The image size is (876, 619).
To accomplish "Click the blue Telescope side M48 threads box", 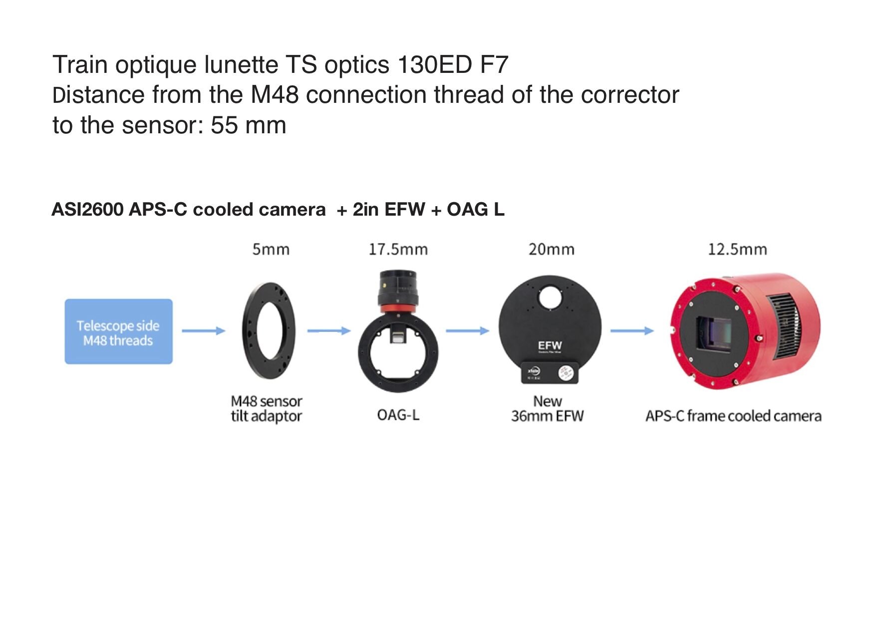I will (118, 331).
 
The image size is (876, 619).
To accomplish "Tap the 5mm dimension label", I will (271, 249).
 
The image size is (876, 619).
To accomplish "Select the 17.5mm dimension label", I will (398, 249).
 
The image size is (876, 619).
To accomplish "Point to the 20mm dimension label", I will (551, 249).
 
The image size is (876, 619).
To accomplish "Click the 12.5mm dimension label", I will (737, 249).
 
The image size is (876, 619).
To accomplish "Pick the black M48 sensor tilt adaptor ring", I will (269, 331).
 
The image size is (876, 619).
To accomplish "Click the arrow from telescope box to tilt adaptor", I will (203, 330).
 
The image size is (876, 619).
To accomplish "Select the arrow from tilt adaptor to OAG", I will (328, 330).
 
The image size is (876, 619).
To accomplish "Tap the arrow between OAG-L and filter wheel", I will (467, 330).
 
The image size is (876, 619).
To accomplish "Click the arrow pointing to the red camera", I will (631, 330).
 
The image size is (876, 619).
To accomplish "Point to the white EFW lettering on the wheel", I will (550, 345).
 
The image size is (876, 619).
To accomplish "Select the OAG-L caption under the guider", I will (398, 415).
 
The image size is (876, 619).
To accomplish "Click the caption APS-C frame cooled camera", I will (733, 416).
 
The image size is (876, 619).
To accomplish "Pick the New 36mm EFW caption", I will (547, 409).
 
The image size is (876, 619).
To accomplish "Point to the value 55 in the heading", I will (224, 125).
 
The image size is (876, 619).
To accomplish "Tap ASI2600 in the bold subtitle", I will (87, 209).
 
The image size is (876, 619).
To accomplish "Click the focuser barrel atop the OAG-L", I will (398, 289).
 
